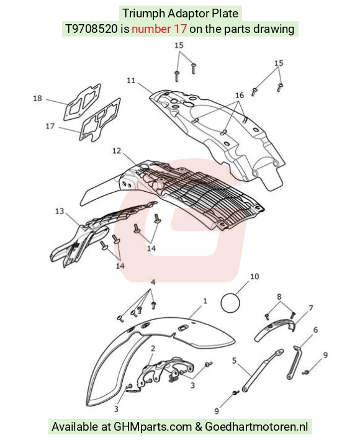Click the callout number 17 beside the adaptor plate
click(50, 126)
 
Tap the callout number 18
click(37, 98)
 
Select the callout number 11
click(131, 80)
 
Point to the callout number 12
click(117, 151)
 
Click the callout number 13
click(60, 211)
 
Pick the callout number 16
click(240, 96)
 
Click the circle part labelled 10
click(230, 303)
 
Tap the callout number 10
click(254, 276)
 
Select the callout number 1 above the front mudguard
click(205, 301)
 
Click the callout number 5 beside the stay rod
click(234, 361)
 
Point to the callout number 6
click(316, 330)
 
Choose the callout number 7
click(310, 308)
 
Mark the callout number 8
click(279, 297)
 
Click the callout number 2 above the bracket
click(153, 349)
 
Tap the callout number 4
click(153, 282)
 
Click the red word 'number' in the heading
click(151, 29)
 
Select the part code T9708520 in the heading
click(91, 29)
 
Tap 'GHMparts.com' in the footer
click(153, 427)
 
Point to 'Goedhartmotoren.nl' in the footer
click(256, 426)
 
